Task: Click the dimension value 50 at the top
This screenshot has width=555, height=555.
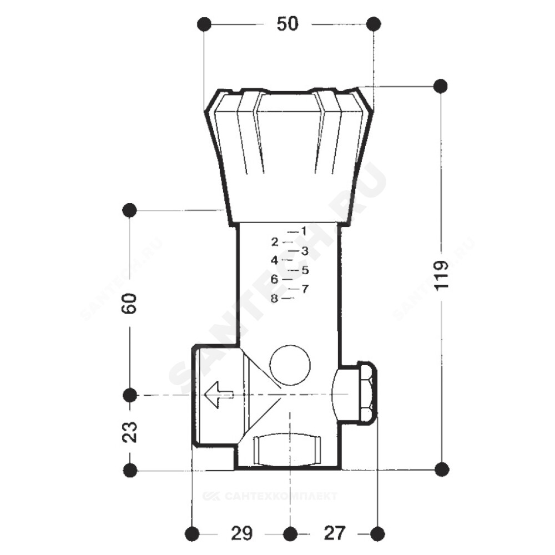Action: click(x=287, y=24)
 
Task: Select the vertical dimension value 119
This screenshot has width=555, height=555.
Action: click(x=441, y=276)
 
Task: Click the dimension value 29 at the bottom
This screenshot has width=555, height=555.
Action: click(x=242, y=533)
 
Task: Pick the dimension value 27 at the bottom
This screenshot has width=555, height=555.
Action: click(x=335, y=533)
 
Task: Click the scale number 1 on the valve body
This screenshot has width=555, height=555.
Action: click(x=304, y=231)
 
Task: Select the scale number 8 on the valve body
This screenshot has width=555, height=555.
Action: click(x=274, y=299)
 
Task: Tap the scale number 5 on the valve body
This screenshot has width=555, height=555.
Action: click(x=305, y=270)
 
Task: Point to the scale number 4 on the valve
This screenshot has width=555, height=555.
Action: click(x=274, y=260)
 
